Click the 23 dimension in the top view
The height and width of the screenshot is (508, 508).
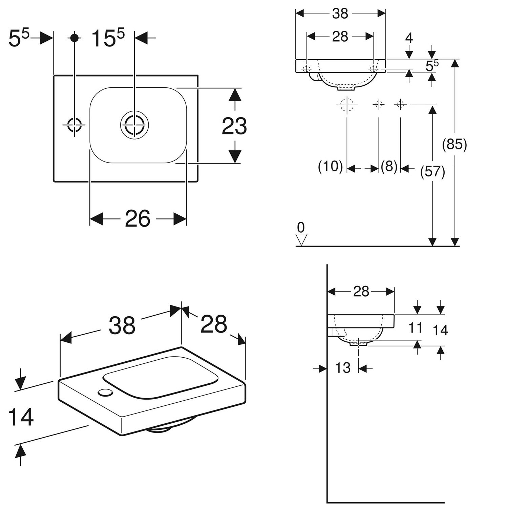(234, 126)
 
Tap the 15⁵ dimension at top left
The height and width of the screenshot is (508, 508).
(108, 38)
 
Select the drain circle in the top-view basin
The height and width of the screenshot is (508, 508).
(134, 125)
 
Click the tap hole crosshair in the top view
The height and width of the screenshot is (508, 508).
(74, 125)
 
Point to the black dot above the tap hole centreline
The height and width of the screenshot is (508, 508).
(75, 38)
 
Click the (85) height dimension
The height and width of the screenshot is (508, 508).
(454, 145)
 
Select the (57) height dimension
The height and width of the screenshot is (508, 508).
(432, 172)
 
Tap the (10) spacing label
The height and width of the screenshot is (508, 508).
(331, 167)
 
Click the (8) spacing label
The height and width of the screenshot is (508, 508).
(389, 166)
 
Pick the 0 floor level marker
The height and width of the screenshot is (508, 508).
(301, 227)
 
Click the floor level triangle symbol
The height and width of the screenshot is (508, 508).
(301, 240)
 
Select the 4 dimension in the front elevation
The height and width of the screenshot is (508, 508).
(409, 38)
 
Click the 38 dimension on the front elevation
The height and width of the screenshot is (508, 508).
(340, 14)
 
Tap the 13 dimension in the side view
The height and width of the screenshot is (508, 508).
(343, 368)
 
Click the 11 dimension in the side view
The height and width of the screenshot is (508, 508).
(416, 328)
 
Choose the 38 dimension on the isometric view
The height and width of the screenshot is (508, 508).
(122, 325)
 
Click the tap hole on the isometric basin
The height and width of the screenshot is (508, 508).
(106, 392)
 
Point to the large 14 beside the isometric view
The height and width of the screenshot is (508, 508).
(21, 417)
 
